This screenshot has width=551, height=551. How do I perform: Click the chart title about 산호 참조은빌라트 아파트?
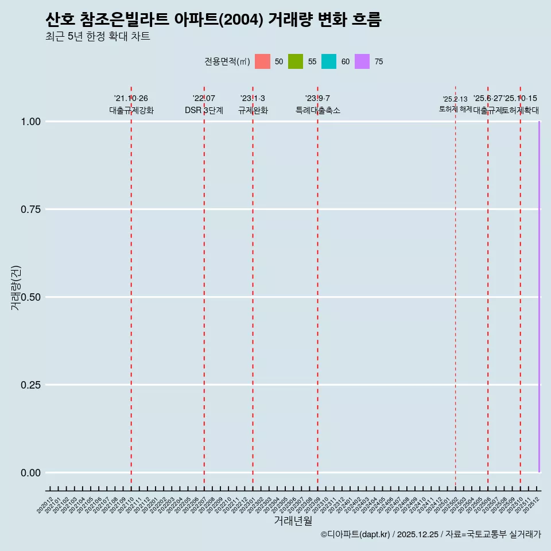click(213, 20)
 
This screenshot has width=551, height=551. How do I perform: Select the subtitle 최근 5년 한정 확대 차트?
click(98, 37)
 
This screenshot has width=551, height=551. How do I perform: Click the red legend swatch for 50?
click(262, 61)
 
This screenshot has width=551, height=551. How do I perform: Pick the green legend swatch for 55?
click(296, 61)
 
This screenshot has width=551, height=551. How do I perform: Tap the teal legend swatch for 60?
click(329, 61)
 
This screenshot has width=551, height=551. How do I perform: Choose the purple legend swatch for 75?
click(362, 61)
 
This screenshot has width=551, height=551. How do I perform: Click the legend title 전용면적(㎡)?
click(227, 61)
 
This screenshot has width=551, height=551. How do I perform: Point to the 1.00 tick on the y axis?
click(30, 122)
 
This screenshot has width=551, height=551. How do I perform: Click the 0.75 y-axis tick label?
click(30, 209)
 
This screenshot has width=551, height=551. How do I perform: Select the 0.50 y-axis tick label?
click(30, 297)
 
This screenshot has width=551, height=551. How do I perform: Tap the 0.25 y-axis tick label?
click(30, 385)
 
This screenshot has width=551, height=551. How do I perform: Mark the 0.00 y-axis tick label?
click(30, 473)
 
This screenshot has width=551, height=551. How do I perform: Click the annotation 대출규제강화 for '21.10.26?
click(131, 110)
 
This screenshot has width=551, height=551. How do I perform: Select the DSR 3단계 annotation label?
click(204, 110)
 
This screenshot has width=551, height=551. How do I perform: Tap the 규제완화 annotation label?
click(253, 110)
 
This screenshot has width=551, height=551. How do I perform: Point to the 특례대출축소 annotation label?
click(318, 110)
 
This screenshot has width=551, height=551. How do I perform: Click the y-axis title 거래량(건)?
click(15, 288)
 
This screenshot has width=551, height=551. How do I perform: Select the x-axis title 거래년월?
click(293, 521)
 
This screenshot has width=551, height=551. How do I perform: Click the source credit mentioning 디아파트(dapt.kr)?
click(430, 534)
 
